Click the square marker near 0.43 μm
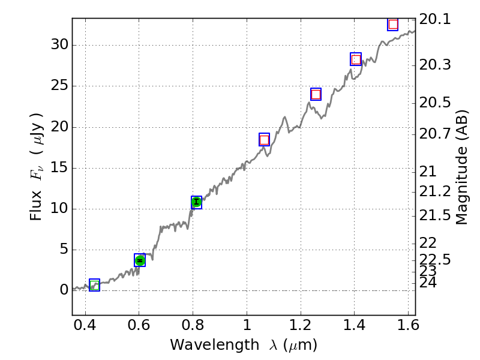coord(94,285)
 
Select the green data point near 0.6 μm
coord(140,260)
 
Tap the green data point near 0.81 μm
coord(196,202)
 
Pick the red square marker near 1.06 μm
coord(264,140)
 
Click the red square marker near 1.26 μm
coord(316,94)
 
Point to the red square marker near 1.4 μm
coord(356,59)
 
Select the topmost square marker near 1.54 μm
coord(393,24)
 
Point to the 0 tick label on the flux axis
coord(62,290)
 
